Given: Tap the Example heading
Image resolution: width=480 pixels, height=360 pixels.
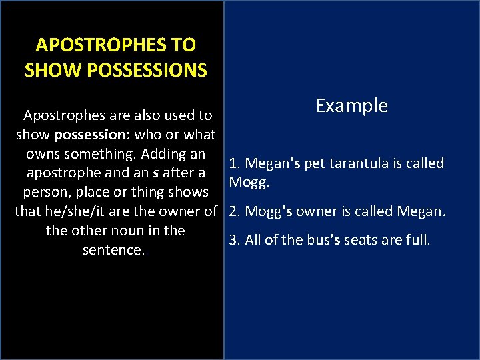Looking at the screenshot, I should [351, 106].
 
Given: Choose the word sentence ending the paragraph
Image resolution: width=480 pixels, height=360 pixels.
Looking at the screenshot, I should [113, 250].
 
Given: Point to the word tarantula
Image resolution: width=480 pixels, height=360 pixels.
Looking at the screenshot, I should [361, 164].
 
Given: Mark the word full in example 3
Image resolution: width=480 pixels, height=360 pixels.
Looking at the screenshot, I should [417, 240].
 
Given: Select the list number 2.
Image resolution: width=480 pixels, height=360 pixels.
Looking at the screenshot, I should [234, 212].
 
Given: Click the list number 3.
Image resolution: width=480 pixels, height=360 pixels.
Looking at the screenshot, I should [234, 240].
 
